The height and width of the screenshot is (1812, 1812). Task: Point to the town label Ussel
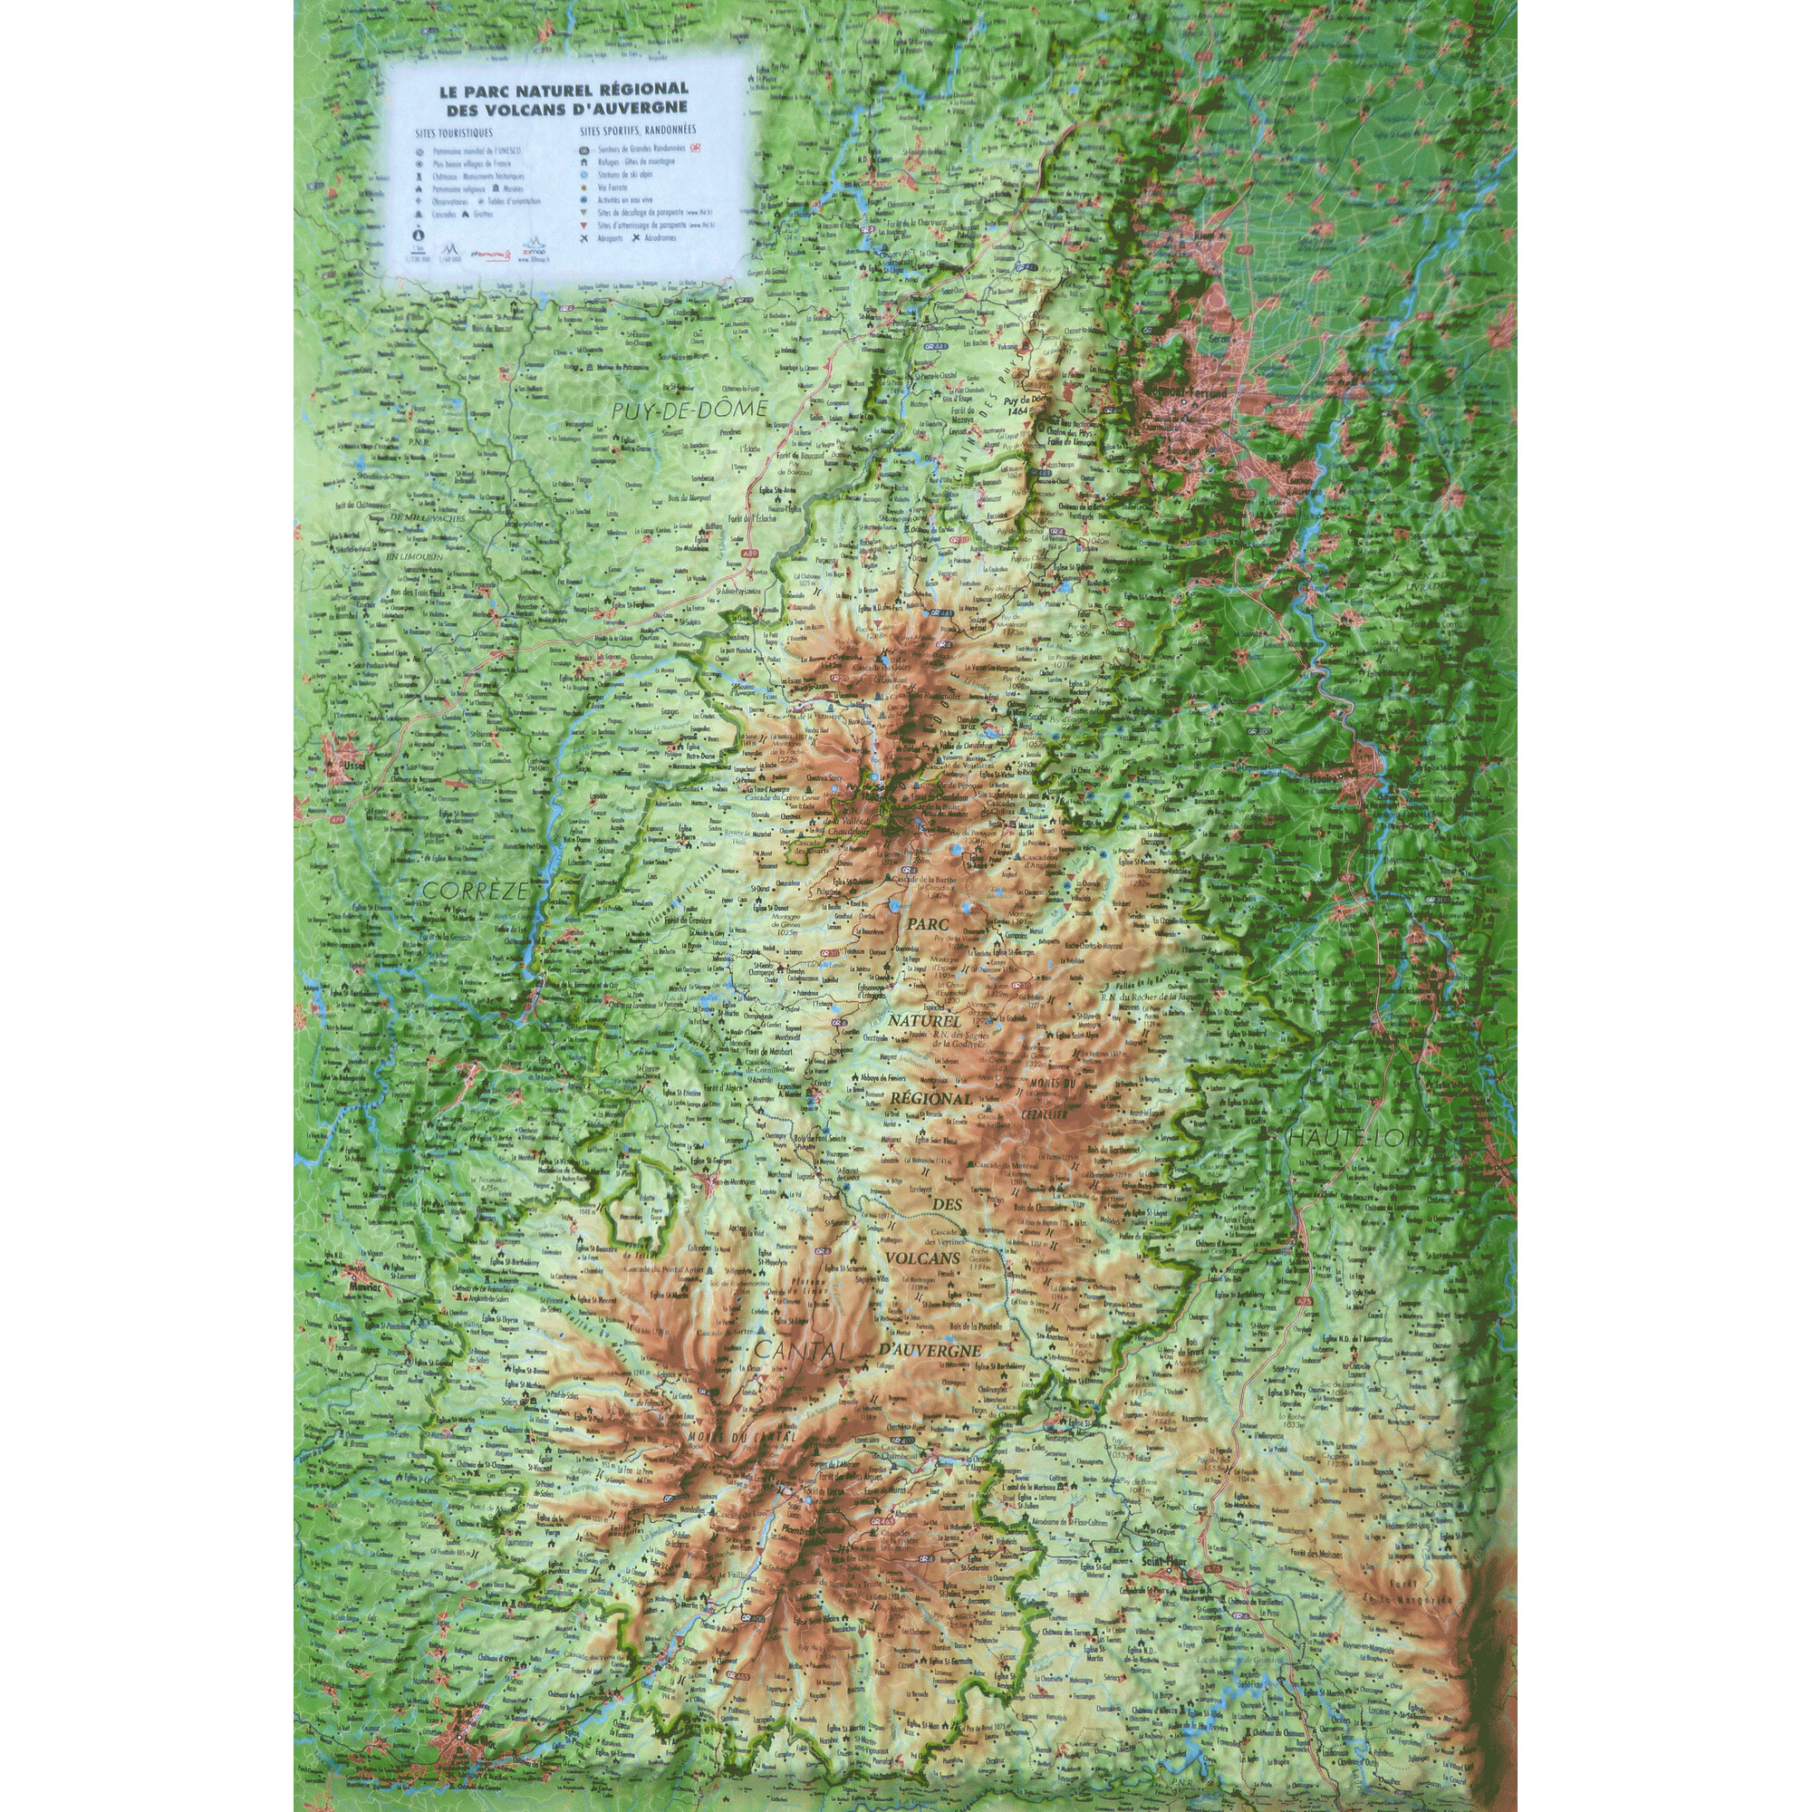(x=355, y=766)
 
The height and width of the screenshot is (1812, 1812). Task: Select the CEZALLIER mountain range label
(x=1045, y=1116)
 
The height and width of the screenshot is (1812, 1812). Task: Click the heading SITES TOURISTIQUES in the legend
(x=454, y=133)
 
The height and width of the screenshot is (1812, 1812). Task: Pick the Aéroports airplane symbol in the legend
(x=584, y=239)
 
